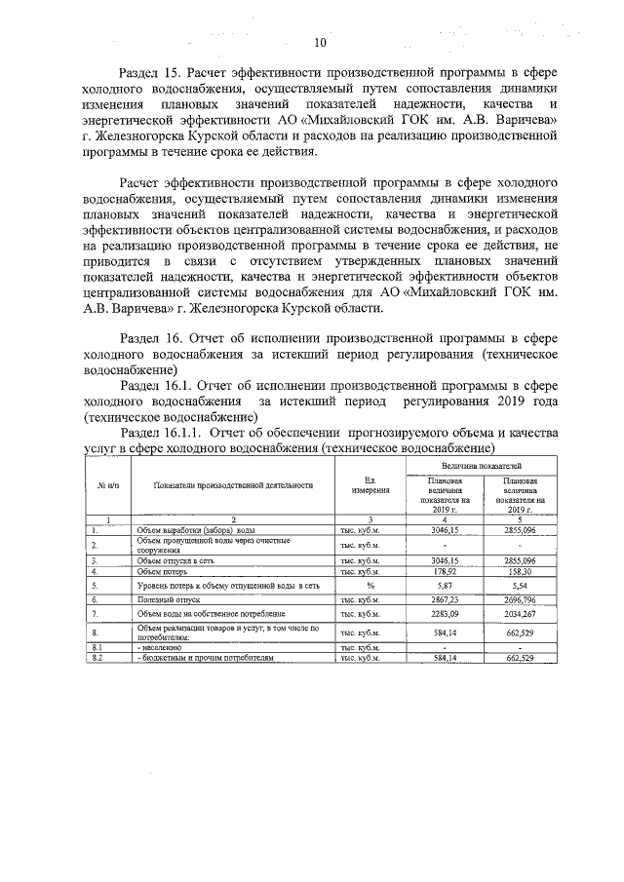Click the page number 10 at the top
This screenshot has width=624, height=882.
point(320,43)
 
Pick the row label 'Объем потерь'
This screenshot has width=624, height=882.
point(163,572)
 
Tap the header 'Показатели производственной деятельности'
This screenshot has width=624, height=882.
point(232,484)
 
